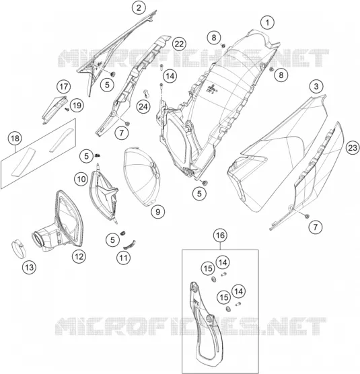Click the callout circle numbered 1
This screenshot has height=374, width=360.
coord(267,23)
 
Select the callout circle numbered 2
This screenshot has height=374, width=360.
coord(139,7)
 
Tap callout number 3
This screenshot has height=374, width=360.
coord(316,86)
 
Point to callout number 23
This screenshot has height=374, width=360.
coord(353,148)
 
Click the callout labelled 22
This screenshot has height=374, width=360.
coord(179,44)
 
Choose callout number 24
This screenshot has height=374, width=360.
coord(143,107)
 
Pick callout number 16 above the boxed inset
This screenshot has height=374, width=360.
coord(220,235)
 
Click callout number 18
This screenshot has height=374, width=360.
coord(15,139)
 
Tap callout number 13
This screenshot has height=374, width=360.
coord(29,267)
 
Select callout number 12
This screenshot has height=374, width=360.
coord(79,257)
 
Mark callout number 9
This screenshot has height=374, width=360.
coord(157,212)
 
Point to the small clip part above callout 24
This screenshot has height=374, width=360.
coord(146,93)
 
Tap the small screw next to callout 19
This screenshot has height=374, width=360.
coord(67,109)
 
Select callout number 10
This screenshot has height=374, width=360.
coord(81,179)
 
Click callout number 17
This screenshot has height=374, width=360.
coord(64,86)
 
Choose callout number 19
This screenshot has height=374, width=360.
coord(77,105)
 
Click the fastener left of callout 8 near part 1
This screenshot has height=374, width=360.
coord(223,45)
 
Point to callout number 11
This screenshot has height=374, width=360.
coord(124,258)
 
